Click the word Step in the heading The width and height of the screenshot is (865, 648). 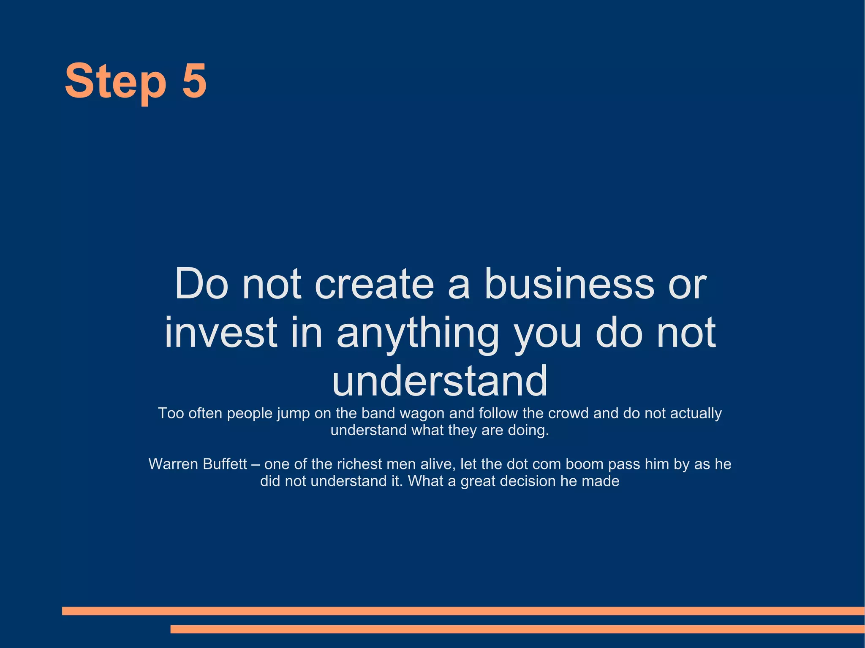tap(115, 81)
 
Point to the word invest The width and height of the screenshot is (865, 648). tap(220, 332)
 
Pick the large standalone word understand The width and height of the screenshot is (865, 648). tap(440, 381)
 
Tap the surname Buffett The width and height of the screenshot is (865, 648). tap(225, 464)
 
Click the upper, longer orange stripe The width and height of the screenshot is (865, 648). tap(463, 610)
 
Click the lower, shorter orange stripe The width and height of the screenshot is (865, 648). tap(517, 629)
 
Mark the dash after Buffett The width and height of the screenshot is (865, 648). tap(256, 464)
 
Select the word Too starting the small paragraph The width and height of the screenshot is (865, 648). tap(171, 413)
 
